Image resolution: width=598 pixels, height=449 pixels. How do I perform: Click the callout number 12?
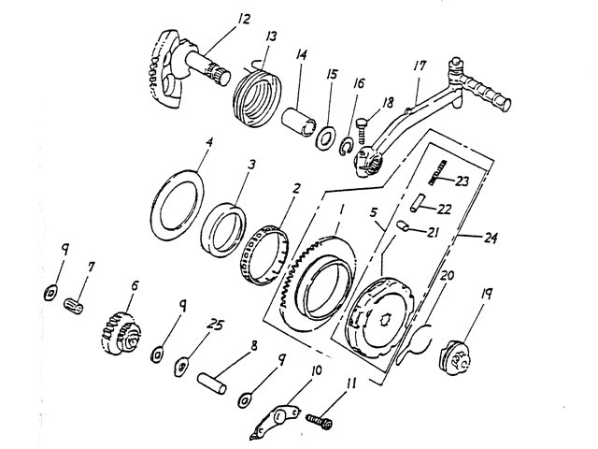243,19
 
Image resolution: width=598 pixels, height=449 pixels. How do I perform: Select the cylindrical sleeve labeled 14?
299,121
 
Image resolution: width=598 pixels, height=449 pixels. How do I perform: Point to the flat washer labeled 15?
325,138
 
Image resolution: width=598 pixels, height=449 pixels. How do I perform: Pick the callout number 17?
420,66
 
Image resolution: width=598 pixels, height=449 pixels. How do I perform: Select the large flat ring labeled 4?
178,206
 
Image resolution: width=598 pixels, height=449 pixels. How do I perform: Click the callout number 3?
251,166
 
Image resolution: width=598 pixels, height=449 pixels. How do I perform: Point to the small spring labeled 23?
437,172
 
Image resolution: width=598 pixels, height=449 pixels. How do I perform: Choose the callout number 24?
490,239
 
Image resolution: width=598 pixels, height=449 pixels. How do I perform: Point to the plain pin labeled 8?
212,384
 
